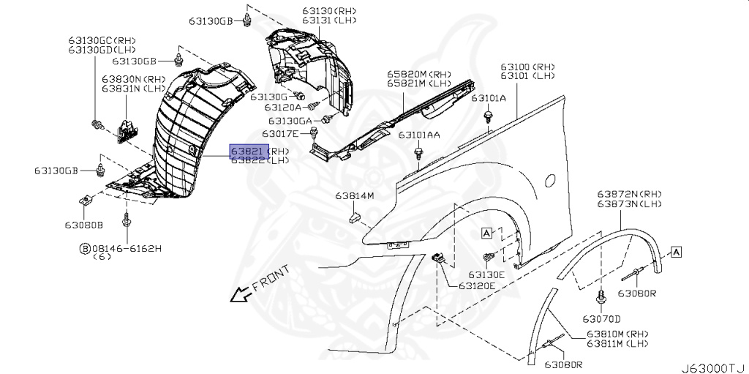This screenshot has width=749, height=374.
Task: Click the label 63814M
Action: [x=355, y=196]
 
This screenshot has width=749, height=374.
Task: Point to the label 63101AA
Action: [x=419, y=135]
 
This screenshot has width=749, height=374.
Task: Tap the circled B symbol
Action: [x=85, y=249]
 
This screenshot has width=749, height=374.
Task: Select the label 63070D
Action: [x=601, y=318]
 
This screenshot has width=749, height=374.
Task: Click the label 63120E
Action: [x=477, y=285]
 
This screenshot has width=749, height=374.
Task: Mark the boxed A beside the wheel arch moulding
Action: [x=676, y=252]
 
